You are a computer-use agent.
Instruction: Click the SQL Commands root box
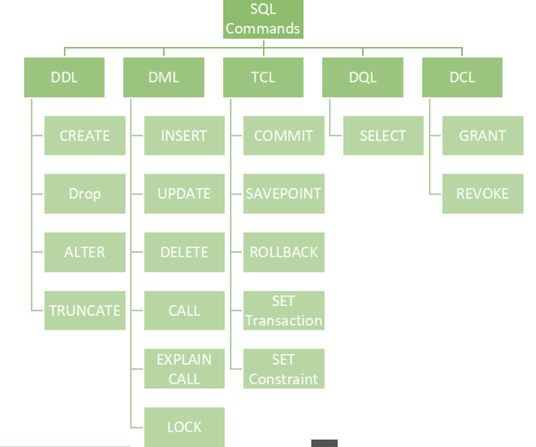[263, 19]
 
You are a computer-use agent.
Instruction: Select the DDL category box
[64, 77]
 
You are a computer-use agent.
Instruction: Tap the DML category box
[163, 77]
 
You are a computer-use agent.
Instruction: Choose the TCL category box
[263, 77]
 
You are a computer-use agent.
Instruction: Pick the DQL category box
[362, 77]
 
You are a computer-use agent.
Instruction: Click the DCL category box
[462, 77]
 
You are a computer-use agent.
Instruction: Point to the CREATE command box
[85, 135]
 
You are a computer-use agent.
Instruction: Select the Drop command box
[85, 194]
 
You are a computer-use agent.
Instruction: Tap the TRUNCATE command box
[85, 310]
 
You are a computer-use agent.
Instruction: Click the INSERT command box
[184, 135]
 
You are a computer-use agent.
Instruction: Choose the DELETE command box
[184, 252]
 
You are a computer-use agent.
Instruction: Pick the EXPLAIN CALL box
[184, 369]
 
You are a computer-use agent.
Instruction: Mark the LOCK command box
[184, 427]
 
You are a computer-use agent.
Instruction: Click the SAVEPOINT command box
[283, 194]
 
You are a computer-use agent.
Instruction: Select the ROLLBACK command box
[283, 252]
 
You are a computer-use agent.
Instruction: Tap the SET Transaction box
[283, 310]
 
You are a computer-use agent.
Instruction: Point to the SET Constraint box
[283, 369]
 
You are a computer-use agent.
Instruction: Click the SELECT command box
[383, 135]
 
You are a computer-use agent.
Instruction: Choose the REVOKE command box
[483, 194]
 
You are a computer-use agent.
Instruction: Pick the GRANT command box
[483, 135]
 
